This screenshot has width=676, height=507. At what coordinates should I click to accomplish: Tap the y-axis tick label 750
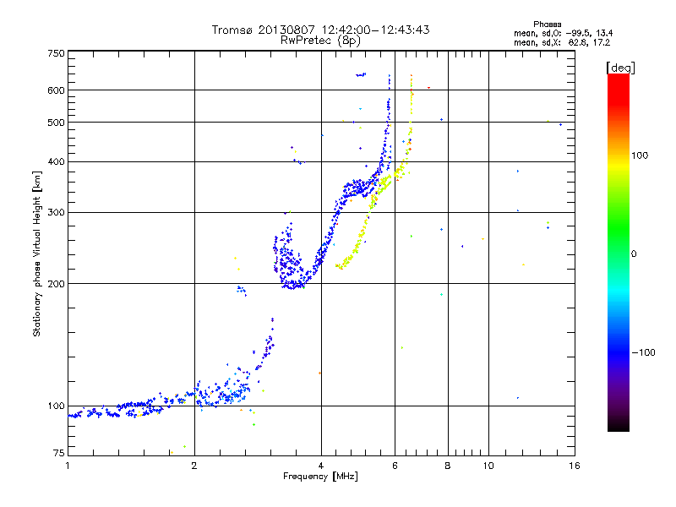pos(56,53)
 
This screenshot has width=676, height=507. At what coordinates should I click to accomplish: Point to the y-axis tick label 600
pos(56,90)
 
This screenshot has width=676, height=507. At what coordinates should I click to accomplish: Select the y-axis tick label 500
pos(56,122)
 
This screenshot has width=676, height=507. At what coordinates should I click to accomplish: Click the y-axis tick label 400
pos(56,161)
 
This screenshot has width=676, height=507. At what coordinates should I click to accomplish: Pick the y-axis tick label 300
pos(56,212)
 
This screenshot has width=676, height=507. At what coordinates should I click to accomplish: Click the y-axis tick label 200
pos(56,283)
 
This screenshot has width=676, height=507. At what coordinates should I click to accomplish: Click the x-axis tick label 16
pos(574,466)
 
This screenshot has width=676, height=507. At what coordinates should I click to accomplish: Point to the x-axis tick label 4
pos(321,466)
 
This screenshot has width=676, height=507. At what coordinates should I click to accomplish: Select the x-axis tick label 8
pos(448,466)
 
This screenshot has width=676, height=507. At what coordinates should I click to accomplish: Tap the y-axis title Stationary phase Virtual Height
pos(37,253)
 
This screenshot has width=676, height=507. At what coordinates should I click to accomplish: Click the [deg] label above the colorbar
pos(621,67)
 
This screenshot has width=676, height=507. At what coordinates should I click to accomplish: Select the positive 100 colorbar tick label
pos(640,155)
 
